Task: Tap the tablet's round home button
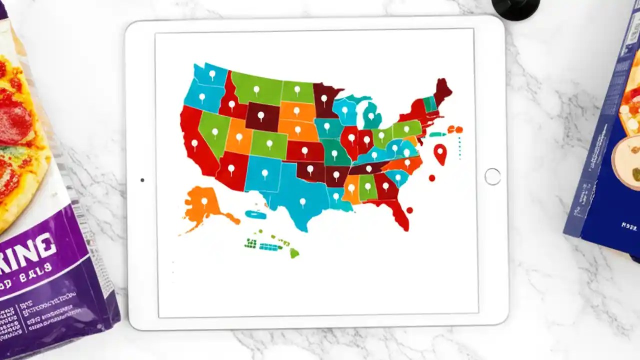(492, 176)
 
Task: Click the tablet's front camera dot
(142, 180)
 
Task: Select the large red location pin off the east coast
(440, 153)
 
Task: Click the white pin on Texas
(302, 202)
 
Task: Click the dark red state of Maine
(442, 90)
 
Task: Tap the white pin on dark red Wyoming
(260, 116)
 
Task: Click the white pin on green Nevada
(215, 132)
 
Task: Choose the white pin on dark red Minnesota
(324, 98)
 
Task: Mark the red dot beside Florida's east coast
(409, 210)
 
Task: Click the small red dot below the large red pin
(432, 178)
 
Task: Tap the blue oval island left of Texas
(255, 214)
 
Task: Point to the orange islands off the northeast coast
(455, 130)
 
